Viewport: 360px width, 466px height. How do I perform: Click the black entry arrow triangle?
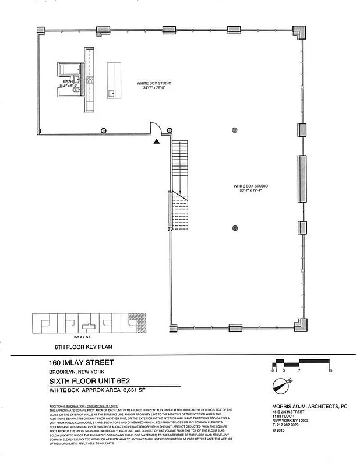click(156, 141)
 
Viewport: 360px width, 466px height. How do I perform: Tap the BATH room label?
click(68, 82)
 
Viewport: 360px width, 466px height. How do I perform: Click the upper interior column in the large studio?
click(235, 129)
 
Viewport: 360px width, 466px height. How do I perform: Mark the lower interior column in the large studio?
click(235, 228)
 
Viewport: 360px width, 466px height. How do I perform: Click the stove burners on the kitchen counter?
click(90, 79)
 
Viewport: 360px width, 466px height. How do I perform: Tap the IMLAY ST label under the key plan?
click(81, 337)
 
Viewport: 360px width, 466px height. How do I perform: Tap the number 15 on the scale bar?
click(330, 370)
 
